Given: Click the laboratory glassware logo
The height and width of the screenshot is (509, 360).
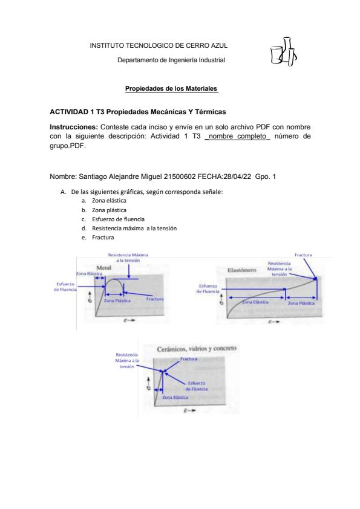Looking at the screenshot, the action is (283, 51).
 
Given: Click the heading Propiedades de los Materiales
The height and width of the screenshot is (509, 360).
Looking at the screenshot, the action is (171, 89).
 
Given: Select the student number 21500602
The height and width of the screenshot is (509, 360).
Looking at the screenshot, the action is (180, 177).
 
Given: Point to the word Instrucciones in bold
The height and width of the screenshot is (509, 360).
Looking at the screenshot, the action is (74, 127).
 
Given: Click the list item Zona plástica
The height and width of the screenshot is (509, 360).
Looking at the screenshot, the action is (109, 210).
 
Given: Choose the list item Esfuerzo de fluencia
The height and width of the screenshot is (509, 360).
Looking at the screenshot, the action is (118, 219).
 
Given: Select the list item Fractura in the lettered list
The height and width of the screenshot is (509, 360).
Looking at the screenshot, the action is (103, 238).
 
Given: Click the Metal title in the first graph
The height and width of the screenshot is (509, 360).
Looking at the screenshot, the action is (104, 268).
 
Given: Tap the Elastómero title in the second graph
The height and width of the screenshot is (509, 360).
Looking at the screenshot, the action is (242, 270).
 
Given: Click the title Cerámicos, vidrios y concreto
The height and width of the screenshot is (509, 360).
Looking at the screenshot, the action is (197, 349).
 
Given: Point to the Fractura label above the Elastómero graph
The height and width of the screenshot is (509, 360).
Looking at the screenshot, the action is (303, 255).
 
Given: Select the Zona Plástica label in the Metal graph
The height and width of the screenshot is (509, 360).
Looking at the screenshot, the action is (117, 300).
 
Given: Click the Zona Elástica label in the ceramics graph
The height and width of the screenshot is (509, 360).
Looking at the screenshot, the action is (175, 397).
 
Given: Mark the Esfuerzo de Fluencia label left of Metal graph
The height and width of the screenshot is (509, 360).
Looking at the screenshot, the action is (65, 287).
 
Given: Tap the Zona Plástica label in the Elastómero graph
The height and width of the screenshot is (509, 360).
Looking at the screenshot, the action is (301, 303).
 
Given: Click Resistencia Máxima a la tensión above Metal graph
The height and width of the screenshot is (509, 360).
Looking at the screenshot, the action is (128, 258).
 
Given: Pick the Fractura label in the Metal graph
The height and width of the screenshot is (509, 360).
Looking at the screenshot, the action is (155, 299).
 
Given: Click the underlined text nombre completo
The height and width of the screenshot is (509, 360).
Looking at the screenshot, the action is (237, 136).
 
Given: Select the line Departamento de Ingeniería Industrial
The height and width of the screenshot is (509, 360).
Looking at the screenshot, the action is (171, 60).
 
